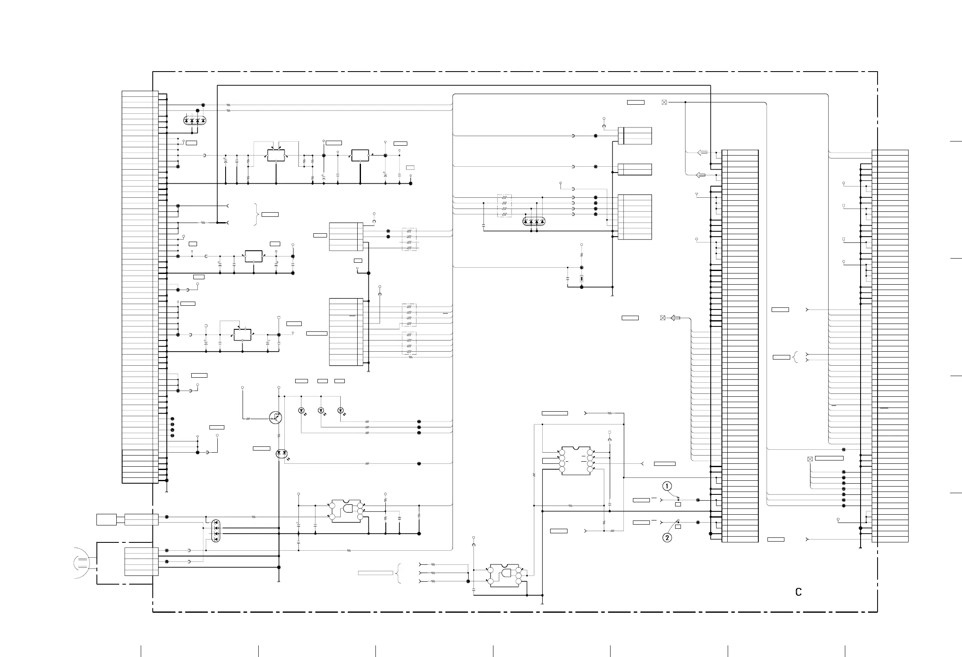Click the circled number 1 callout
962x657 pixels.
click(x=667, y=486)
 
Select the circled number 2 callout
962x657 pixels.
click(x=667, y=538)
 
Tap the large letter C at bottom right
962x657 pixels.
click(x=798, y=592)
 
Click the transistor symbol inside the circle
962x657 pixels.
click(x=276, y=418)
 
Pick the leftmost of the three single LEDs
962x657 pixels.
click(x=301, y=410)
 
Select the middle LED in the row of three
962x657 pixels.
click(x=321, y=410)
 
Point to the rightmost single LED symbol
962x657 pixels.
click(x=341, y=410)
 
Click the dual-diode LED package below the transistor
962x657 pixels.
click(x=282, y=454)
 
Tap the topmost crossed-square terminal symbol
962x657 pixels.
click(x=664, y=102)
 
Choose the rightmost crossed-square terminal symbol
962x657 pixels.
click(x=810, y=459)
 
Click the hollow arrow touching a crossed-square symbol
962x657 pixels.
click(x=675, y=318)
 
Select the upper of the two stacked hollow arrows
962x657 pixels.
click(x=702, y=153)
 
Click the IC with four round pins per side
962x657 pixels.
click(x=576, y=461)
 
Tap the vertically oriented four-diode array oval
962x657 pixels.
click(x=216, y=531)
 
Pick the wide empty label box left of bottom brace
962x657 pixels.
click(x=375, y=573)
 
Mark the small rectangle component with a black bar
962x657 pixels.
click(x=582, y=278)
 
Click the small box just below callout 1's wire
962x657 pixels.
click(x=678, y=504)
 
